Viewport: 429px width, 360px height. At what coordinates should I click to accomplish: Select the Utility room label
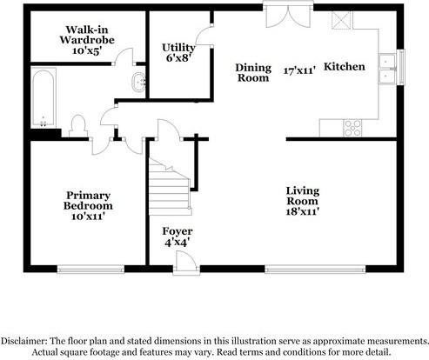pyautogui.click(x=178, y=47)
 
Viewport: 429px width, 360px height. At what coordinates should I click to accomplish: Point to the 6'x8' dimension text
pyautogui.click(x=178, y=58)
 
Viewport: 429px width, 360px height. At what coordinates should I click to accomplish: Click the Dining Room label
pyautogui.click(x=254, y=71)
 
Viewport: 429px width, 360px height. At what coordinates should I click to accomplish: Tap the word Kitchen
pyautogui.click(x=345, y=66)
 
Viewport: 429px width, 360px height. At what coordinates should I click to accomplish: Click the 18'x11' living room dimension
pyautogui.click(x=308, y=210)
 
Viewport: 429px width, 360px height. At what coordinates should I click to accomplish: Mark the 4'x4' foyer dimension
pyautogui.click(x=178, y=243)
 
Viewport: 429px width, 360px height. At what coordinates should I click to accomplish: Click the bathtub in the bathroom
pyautogui.click(x=42, y=100)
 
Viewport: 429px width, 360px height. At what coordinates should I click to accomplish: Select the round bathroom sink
pyautogui.click(x=137, y=83)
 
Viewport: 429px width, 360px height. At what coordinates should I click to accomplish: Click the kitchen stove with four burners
pyautogui.click(x=353, y=127)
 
